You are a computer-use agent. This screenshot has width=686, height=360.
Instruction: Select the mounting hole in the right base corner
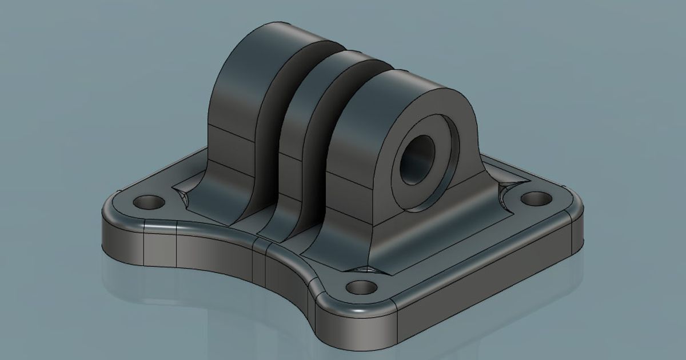[536, 199]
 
